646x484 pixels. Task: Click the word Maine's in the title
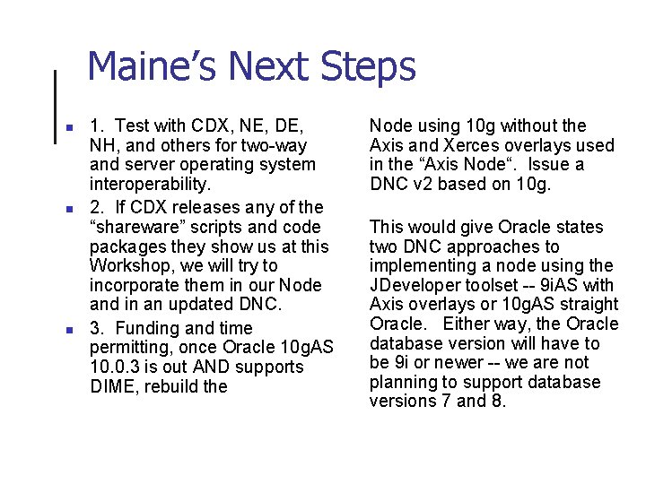point(151,67)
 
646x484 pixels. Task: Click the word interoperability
point(150,184)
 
